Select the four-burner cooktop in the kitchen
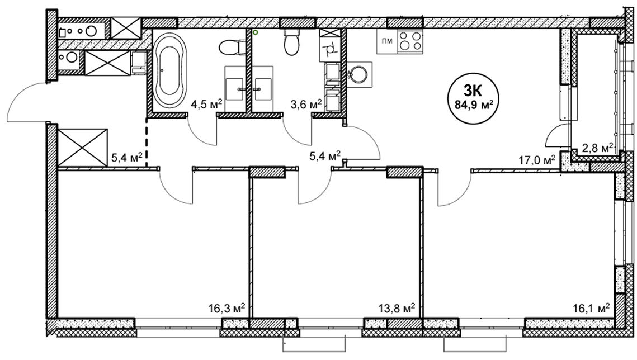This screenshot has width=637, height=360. (x=410, y=41)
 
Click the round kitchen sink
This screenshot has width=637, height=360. (x=360, y=75)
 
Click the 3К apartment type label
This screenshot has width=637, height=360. (x=474, y=92)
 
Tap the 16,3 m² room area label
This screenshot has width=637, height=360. (x=227, y=309)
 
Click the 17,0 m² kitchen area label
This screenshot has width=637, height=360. (x=537, y=161)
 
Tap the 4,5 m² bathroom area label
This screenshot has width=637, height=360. (x=206, y=105)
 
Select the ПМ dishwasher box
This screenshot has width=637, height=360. (x=387, y=41)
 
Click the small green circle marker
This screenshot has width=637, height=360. (x=256, y=32)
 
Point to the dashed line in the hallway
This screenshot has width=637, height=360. (x=147, y=142)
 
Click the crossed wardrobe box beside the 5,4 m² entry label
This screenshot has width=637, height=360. (x=83, y=148)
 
